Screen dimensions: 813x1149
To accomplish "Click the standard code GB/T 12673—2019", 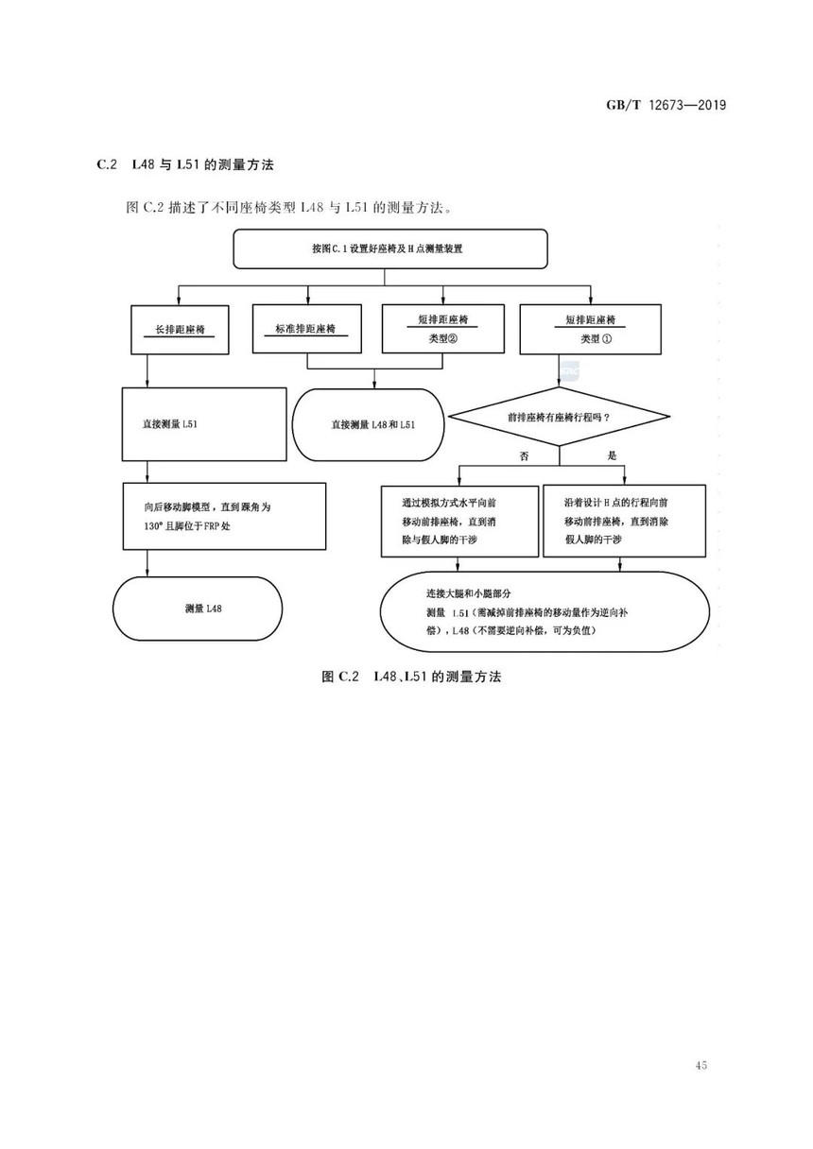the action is (x=666, y=105).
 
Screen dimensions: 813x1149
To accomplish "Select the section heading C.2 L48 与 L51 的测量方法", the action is (x=185, y=164).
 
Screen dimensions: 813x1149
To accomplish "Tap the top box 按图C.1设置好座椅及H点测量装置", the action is (x=390, y=249).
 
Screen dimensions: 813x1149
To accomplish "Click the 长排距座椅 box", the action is (x=180, y=330).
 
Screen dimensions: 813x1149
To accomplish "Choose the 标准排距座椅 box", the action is (x=307, y=329).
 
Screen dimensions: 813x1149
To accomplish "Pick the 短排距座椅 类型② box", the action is (x=443, y=329).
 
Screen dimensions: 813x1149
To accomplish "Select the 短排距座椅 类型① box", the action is (x=590, y=330).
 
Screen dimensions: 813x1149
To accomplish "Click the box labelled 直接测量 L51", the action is (x=204, y=424).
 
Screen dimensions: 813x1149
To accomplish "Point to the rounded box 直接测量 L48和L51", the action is (x=368, y=424).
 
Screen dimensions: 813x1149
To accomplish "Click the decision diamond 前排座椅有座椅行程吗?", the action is (x=560, y=417).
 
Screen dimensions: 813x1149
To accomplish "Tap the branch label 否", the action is (x=524, y=456).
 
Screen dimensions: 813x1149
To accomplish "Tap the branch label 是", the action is (x=612, y=455).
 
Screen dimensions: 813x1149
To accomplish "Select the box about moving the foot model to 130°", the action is (x=224, y=517).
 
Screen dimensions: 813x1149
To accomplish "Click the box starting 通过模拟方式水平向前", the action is (x=459, y=522).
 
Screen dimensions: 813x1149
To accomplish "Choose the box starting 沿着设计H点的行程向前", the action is (x=624, y=521).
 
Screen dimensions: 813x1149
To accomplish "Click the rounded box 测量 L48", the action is (x=198, y=609).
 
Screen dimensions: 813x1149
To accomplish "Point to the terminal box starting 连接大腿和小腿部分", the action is (x=545, y=612).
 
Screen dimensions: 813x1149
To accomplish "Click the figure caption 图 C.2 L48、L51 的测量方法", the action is (x=411, y=677).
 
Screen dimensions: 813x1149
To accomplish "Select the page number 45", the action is (x=701, y=1065).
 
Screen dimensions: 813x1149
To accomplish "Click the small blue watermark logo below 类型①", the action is (x=569, y=370).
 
